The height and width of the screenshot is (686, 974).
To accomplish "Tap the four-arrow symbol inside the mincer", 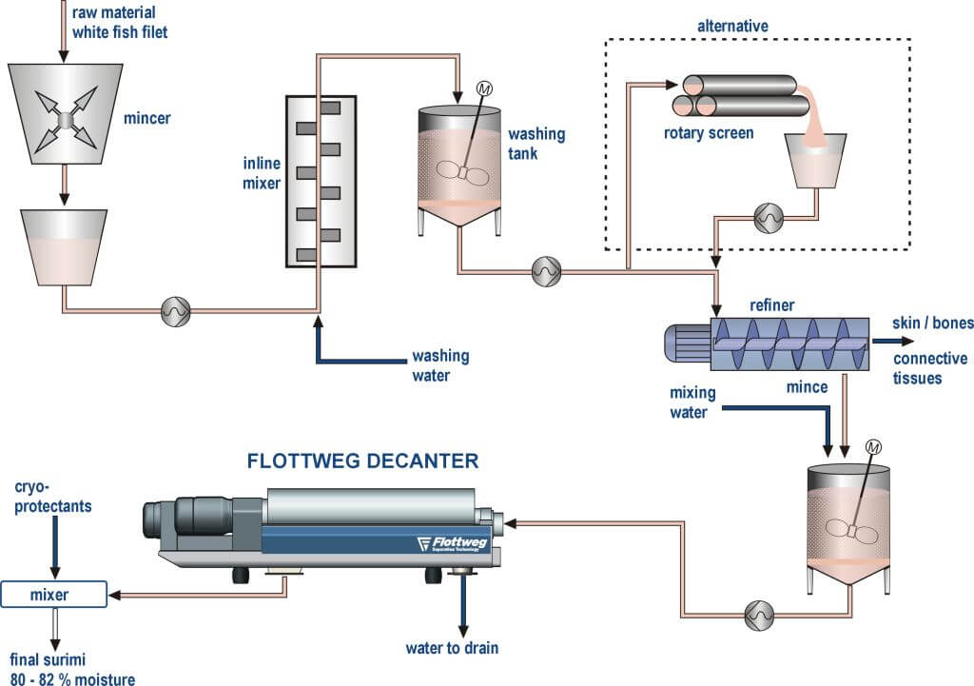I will pos(65,119).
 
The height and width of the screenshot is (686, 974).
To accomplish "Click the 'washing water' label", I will pos(440,364).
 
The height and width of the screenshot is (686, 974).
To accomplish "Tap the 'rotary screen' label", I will pos(709,133).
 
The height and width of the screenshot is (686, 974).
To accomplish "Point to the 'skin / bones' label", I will pos(932,323).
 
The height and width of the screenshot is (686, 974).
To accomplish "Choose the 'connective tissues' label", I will pos(930,368).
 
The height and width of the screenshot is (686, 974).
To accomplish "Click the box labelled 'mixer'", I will pos(54,596).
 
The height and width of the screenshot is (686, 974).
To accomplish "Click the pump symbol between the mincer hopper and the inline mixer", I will pos(177,309).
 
